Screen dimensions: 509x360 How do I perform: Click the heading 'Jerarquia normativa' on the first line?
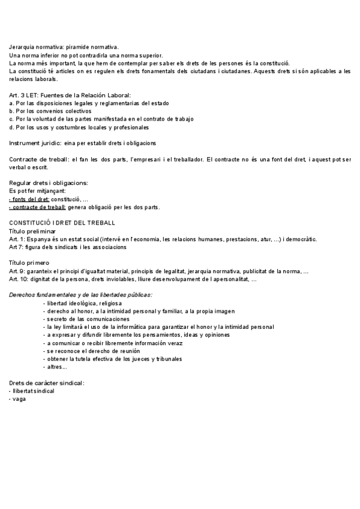pos(36,47)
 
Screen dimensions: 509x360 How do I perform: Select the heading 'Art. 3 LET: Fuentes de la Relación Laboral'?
pos(70,95)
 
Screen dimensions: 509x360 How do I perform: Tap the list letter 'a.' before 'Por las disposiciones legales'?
pos(11,103)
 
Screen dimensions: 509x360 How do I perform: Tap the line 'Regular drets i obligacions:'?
pos(49,182)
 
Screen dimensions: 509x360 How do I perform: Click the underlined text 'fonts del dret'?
pos(31,199)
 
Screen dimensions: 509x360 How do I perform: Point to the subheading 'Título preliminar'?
pos(32,231)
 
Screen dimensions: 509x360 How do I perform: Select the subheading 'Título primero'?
pos(31,263)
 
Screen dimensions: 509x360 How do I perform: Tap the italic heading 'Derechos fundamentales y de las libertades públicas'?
pos(80,295)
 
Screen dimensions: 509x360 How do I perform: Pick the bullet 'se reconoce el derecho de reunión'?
pos(92,351)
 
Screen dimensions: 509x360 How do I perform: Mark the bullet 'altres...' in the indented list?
pos(56,367)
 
